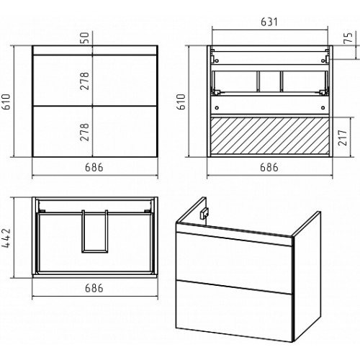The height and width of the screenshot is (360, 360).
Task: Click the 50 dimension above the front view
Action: click(85, 38)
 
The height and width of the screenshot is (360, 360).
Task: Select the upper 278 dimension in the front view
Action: click(84, 81)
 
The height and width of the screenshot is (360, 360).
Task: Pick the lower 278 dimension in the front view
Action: click(84, 132)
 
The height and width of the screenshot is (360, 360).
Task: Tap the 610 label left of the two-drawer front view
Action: click(6, 102)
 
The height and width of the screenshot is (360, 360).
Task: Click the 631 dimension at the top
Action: click(269, 22)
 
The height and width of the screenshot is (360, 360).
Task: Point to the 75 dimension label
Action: click(348, 38)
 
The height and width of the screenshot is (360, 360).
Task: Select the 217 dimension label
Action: click(343, 138)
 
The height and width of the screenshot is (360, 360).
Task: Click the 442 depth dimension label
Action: click(6, 238)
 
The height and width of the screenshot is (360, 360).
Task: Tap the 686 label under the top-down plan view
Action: click(94, 288)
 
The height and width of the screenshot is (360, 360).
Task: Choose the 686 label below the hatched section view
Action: click(269, 168)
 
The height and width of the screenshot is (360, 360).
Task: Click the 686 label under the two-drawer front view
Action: click(94, 168)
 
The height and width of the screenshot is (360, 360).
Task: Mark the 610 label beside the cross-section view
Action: click(181, 102)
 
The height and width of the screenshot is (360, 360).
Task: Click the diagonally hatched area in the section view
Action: click(270, 136)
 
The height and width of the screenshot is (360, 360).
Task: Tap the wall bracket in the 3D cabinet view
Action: click(204, 213)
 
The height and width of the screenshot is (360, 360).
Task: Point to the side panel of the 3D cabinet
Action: click(307, 276)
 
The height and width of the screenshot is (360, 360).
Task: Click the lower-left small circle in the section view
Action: click(217, 108)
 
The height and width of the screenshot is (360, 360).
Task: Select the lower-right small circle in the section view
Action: click(323, 108)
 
